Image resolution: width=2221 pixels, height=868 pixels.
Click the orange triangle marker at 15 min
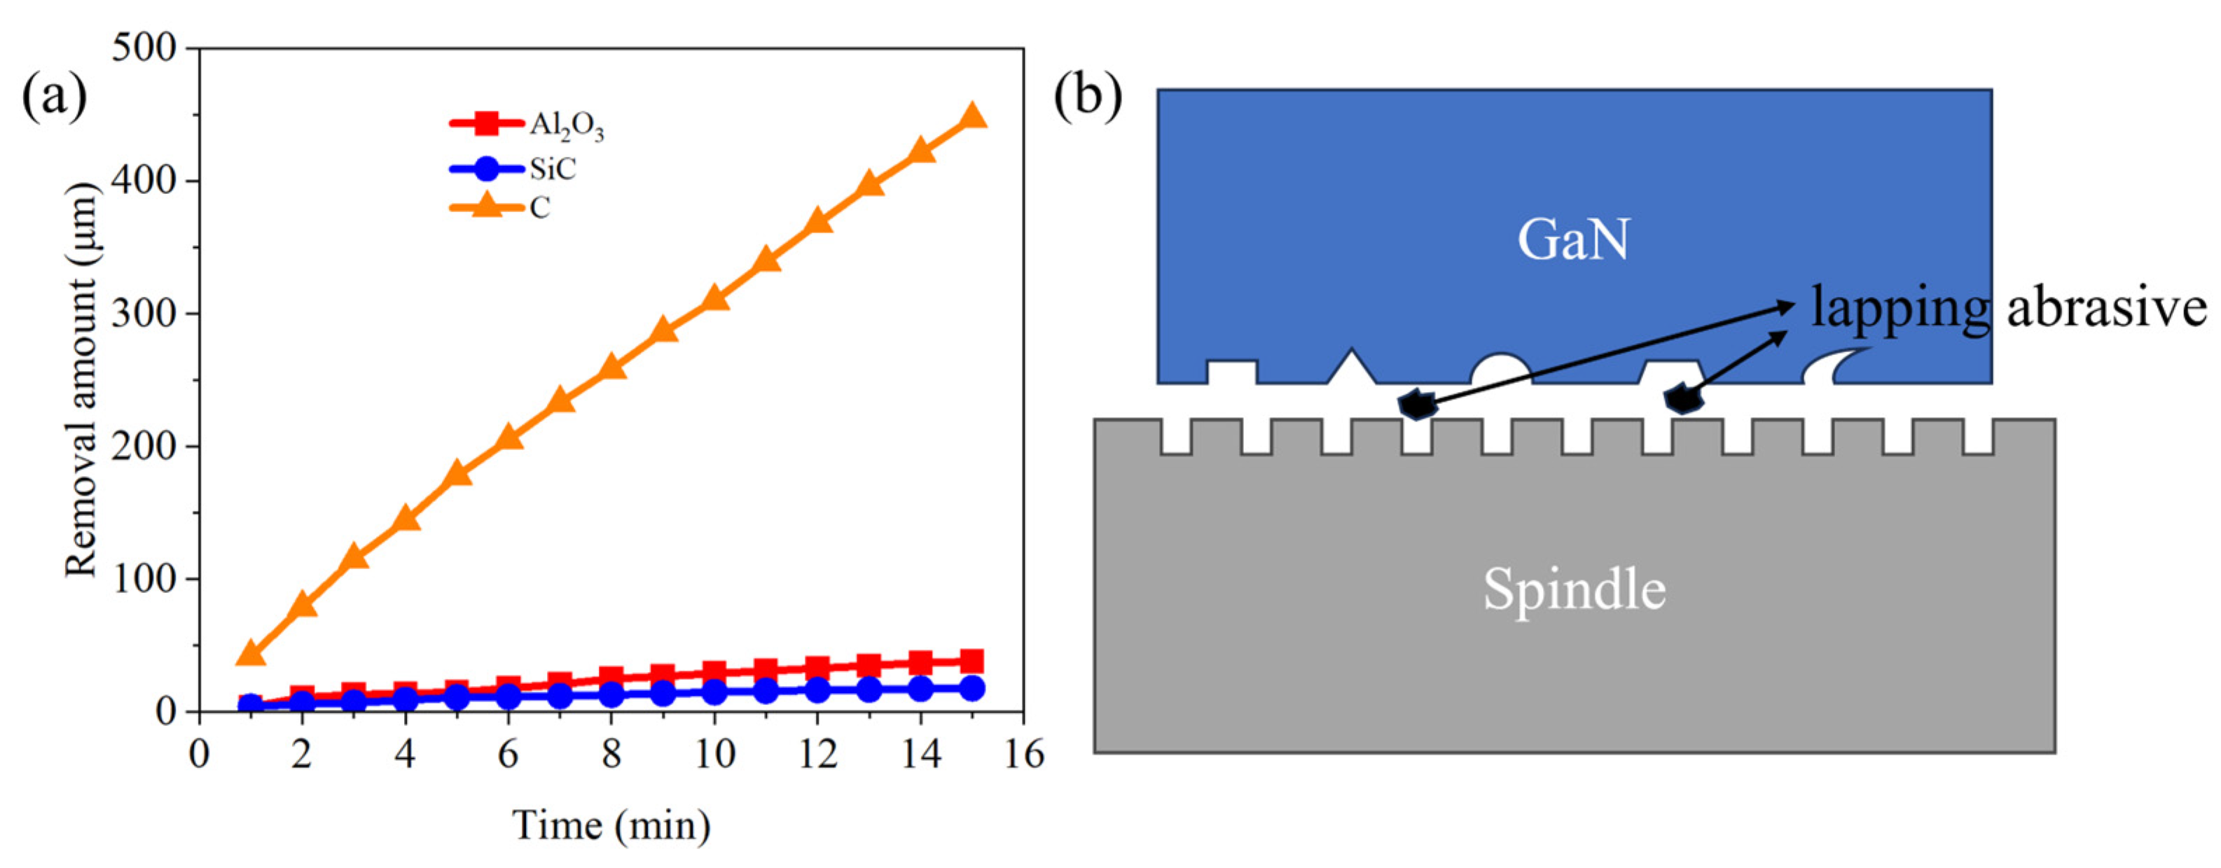973,116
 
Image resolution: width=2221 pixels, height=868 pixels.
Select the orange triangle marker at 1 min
250,653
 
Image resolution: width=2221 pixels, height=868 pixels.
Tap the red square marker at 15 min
973,661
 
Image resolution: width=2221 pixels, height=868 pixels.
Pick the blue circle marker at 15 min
973,688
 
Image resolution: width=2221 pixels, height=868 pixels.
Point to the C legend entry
501,208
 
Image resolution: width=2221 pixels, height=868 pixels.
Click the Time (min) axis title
611,826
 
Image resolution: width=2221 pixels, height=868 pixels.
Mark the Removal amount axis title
82,379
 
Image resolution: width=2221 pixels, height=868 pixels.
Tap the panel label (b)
1087,97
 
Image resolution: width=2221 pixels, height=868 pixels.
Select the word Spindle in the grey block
1575,590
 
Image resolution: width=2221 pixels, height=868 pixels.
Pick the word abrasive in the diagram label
2106,308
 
